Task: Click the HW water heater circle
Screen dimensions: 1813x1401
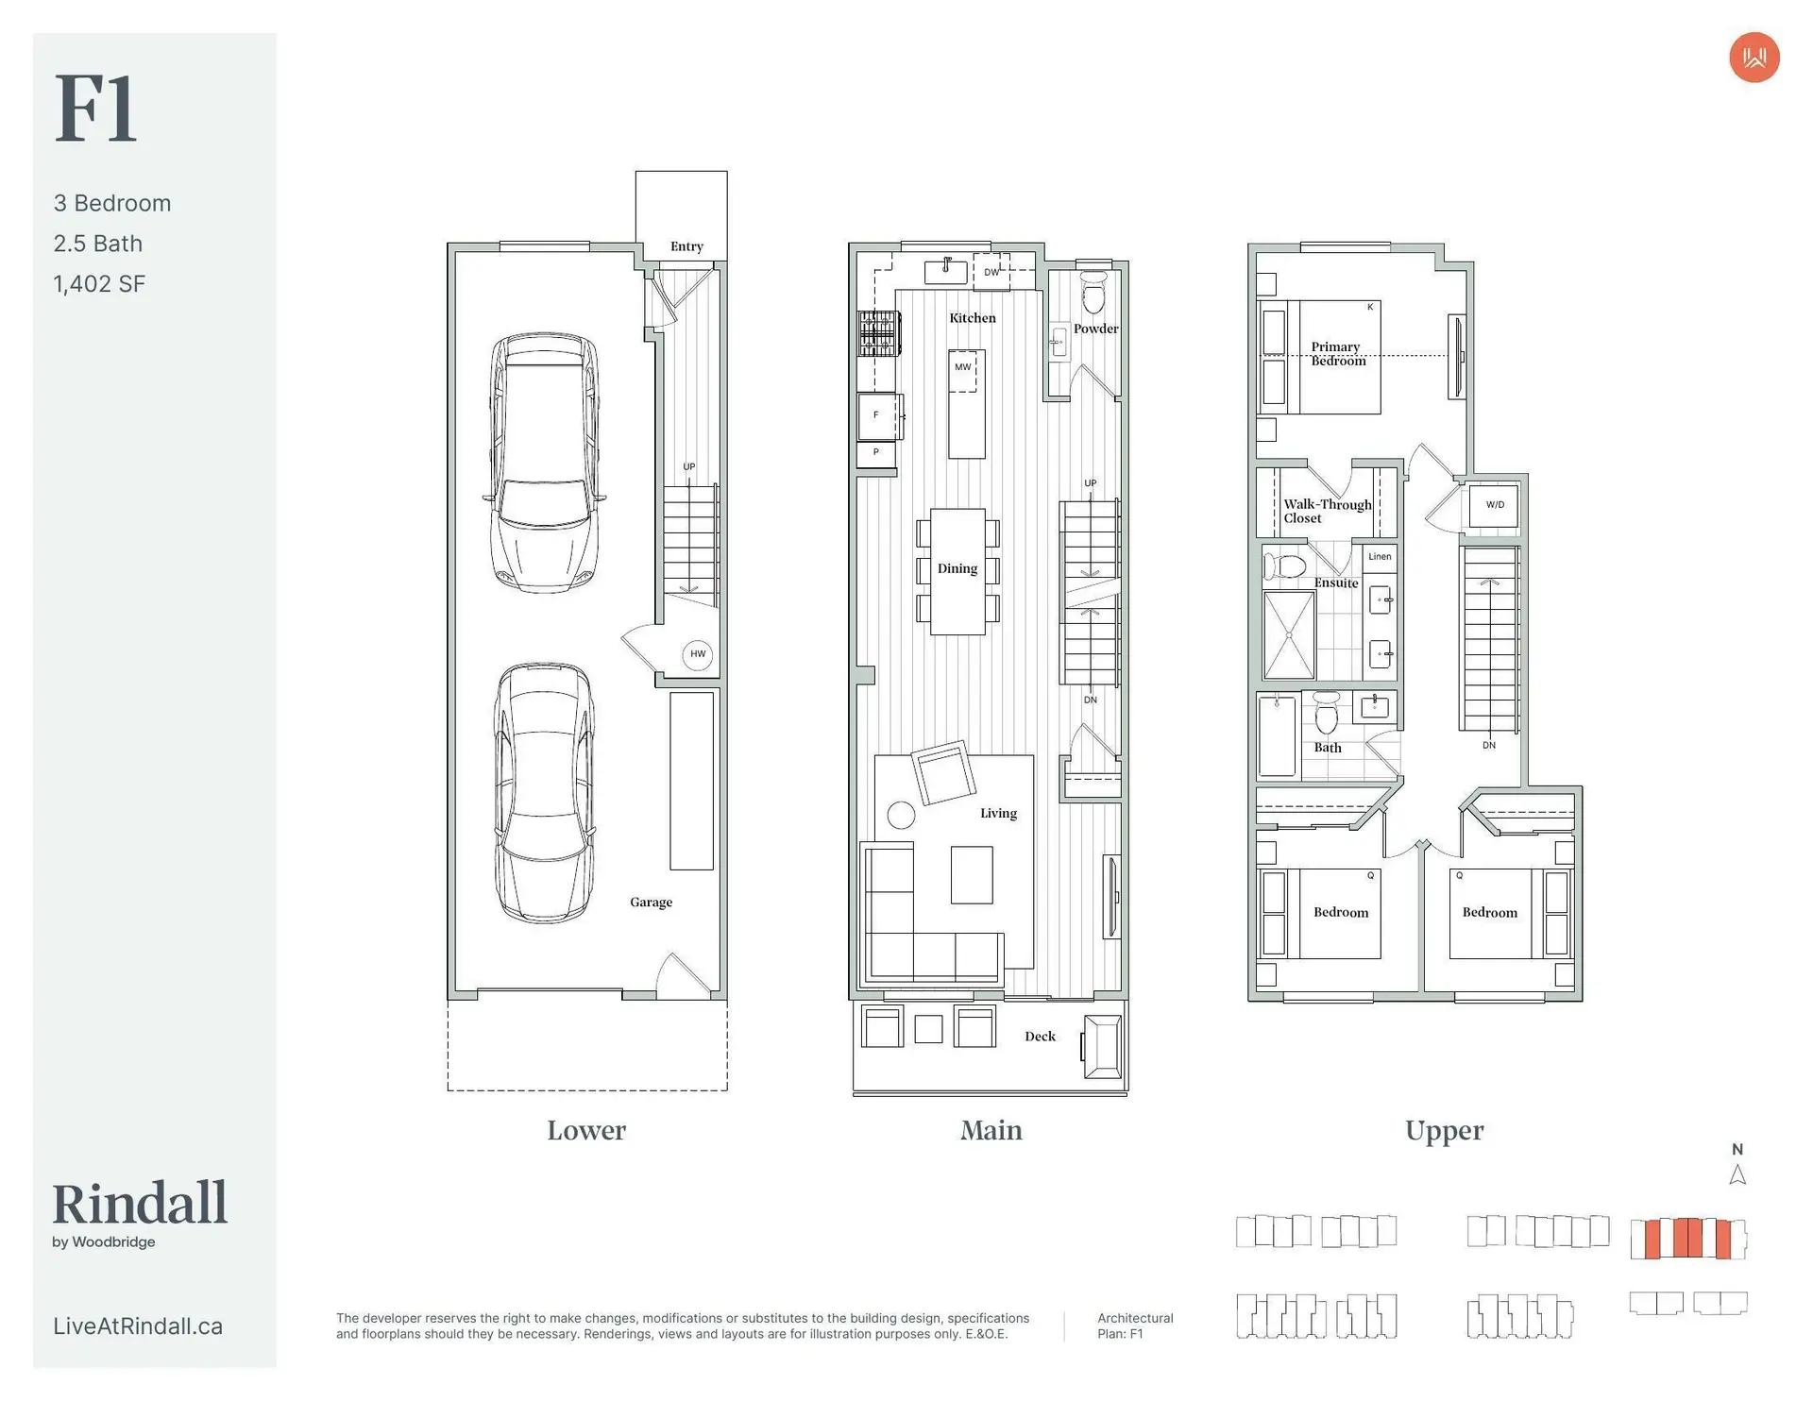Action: point(698,654)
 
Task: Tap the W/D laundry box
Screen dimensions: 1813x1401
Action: point(1495,505)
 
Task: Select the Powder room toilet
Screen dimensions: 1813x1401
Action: point(1093,293)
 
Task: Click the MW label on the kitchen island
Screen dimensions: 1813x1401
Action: point(962,367)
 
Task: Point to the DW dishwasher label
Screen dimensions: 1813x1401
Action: point(991,273)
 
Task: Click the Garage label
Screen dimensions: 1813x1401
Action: point(652,903)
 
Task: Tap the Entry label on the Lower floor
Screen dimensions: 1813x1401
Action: point(686,246)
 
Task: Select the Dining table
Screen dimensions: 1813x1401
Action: point(957,571)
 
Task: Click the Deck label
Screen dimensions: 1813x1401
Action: point(1040,1037)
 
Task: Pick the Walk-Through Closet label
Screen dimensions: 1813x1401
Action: point(1327,511)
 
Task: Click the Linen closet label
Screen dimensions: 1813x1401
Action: point(1380,556)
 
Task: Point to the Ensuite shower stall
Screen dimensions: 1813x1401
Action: point(1289,634)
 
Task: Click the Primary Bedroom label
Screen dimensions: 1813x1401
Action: point(1337,354)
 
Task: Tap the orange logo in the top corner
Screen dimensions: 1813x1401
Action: point(1754,58)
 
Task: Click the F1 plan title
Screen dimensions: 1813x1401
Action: point(95,109)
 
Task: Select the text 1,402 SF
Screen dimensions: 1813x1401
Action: point(99,284)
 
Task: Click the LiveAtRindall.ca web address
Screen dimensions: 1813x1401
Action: point(138,1326)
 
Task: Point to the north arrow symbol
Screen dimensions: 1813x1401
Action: point(1737,1175)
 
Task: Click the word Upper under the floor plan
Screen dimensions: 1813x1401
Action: point(1444,1131)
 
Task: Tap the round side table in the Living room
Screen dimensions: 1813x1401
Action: point(901,815)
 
